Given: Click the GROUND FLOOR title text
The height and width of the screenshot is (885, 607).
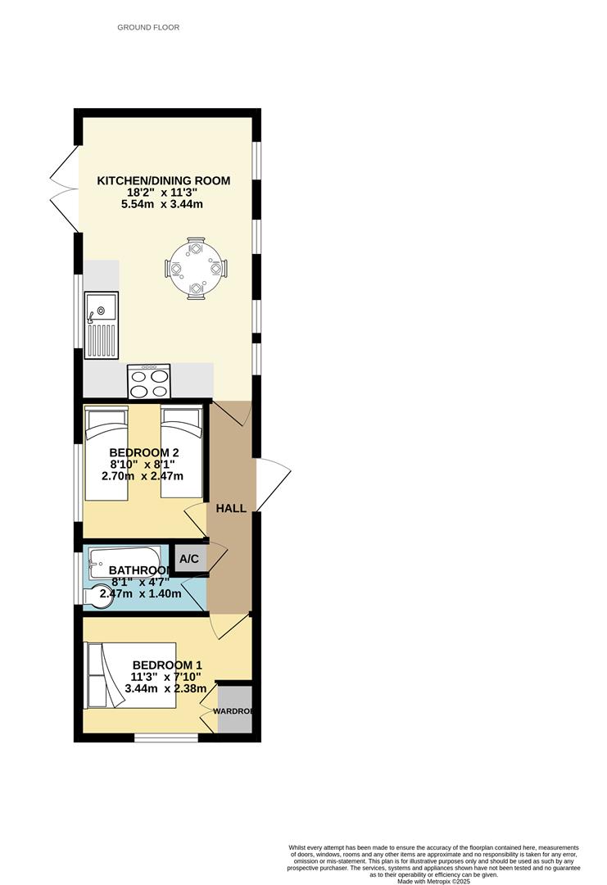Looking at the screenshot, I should [x=148, y=27].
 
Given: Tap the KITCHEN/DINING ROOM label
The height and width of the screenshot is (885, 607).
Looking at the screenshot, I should [x=164, y=181].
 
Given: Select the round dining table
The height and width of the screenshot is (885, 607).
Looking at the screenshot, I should [x=196, y=268].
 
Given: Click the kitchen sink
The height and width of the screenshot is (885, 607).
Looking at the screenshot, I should [x=102, y=325].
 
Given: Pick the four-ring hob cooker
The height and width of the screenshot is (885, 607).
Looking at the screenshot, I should [x=148, y=381].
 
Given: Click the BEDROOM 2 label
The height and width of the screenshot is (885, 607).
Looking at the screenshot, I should [x=144, y=452].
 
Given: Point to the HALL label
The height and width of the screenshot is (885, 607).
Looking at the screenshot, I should [x=231, y=509].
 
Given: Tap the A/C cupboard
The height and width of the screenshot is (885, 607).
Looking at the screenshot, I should [x=189, y=559].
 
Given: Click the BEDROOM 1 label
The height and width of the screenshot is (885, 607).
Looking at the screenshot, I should [x=166, y=665].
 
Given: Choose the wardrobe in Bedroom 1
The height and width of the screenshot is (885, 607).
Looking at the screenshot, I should [x=234, y=710].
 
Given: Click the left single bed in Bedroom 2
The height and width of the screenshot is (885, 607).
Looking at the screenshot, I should [x=106, y=453].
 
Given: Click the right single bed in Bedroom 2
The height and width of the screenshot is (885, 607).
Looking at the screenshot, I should [x=181, y=453].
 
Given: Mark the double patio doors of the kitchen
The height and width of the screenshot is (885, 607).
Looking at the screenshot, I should [x=63, y=188].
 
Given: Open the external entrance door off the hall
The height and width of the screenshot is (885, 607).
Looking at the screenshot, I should [x=272, y=485].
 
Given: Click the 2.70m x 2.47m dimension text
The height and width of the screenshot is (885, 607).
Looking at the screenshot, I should [x=143, y=476].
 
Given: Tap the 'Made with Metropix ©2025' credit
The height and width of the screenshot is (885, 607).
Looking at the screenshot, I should [x=433, y=881].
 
